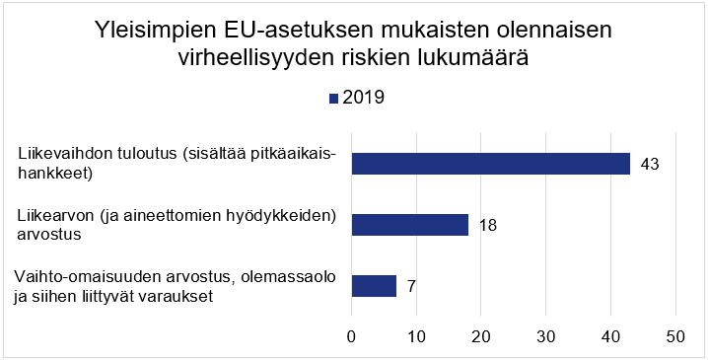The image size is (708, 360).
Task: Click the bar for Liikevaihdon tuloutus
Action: pyautogui.click(x=491, y=164)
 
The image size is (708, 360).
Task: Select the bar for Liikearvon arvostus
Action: pyautogui.click(x=410, y=225)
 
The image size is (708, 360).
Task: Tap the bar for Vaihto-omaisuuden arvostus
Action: pyautogui.click(x=374, y=286)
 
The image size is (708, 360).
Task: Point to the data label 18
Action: pyautogui.click(x=486, y=225)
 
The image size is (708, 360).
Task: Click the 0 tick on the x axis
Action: pyautogui.click(x=352, y=336)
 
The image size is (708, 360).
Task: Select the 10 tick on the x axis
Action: pyautogui.click(x=416, y=336)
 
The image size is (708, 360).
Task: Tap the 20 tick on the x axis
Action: pyautogui.click(x=481, y=336)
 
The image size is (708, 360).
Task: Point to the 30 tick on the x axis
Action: pyautogui.click(x=546, y=336)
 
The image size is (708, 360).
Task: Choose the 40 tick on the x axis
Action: pyautogui.click(x=611, y=336)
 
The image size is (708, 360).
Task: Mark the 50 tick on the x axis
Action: pyautogui.click(x=675, y=336)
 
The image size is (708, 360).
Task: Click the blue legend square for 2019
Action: pyautogui.click(x=333, y=98)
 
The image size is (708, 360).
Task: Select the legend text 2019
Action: pyautogui.click(x=363, y=97)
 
